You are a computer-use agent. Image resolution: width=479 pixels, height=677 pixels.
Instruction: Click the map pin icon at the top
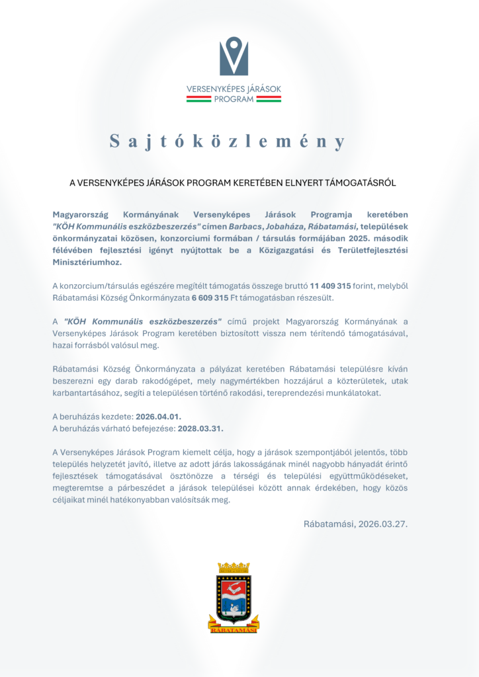(234, 56)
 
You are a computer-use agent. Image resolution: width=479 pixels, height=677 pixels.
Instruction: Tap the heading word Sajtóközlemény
(228, 141)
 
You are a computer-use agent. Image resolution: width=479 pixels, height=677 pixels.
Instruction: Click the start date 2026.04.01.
(157, 417)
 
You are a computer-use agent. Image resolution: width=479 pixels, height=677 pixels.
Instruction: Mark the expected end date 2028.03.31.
(200, 428)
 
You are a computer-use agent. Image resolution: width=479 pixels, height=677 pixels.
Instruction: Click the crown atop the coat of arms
(234, 567)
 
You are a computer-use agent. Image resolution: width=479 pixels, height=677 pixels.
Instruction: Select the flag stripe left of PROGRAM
(198, 99)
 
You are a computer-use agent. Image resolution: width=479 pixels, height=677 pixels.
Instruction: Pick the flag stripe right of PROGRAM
(269, 99)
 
